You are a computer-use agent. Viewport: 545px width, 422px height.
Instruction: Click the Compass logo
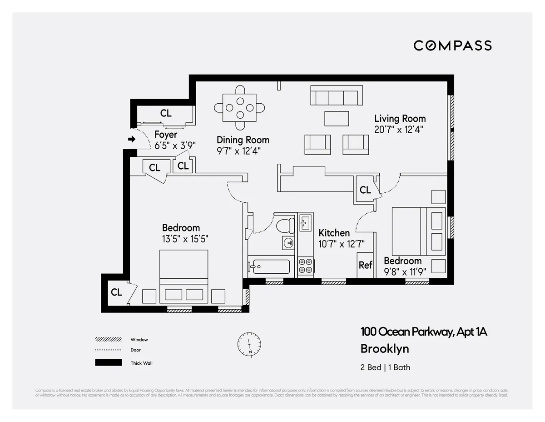coord(452,45)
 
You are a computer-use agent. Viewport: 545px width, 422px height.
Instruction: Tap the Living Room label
coord(400,119)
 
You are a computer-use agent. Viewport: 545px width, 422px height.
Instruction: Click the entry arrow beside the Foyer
coord(132,140)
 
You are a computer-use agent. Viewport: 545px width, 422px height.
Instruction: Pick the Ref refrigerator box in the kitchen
coord(366,265)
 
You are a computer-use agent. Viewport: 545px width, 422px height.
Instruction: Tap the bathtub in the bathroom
coord(269,266)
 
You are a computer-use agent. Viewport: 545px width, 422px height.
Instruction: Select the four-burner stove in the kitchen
coord(306,266)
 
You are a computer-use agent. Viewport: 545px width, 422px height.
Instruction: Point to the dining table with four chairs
coord(239,108)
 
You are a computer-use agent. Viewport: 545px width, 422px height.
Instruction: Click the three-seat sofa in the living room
coord(336,96)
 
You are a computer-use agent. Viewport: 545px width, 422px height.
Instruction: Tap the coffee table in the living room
coord(337,118)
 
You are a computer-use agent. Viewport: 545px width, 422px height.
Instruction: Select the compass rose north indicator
coord(249,344)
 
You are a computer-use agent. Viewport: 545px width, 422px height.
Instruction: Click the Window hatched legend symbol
coord(108,339)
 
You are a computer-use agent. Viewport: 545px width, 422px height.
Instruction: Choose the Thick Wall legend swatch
coord(108,363)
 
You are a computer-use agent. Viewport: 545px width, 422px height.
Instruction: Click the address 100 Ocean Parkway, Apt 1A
coord(423,332)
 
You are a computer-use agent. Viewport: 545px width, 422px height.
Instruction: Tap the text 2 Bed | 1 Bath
coord(385,367)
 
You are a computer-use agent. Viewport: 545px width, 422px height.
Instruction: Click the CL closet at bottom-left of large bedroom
coord(116,292)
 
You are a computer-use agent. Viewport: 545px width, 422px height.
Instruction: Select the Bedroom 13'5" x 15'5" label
coord(181,233)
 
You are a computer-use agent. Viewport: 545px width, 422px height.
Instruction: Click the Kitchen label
coord(334,233)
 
